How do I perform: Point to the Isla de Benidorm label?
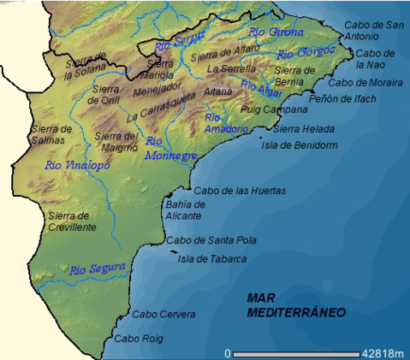(299, 145)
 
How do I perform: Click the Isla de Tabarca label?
(211, 259)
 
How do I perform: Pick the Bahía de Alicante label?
(185, 210)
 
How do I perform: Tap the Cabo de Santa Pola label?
(211, 241)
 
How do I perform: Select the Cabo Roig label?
(137, 339)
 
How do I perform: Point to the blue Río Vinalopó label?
(76, 165)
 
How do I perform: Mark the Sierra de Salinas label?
(50, 135)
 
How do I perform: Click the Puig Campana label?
(274, 109)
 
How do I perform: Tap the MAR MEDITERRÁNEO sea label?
(296, 305)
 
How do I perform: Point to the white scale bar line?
(291, 353)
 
